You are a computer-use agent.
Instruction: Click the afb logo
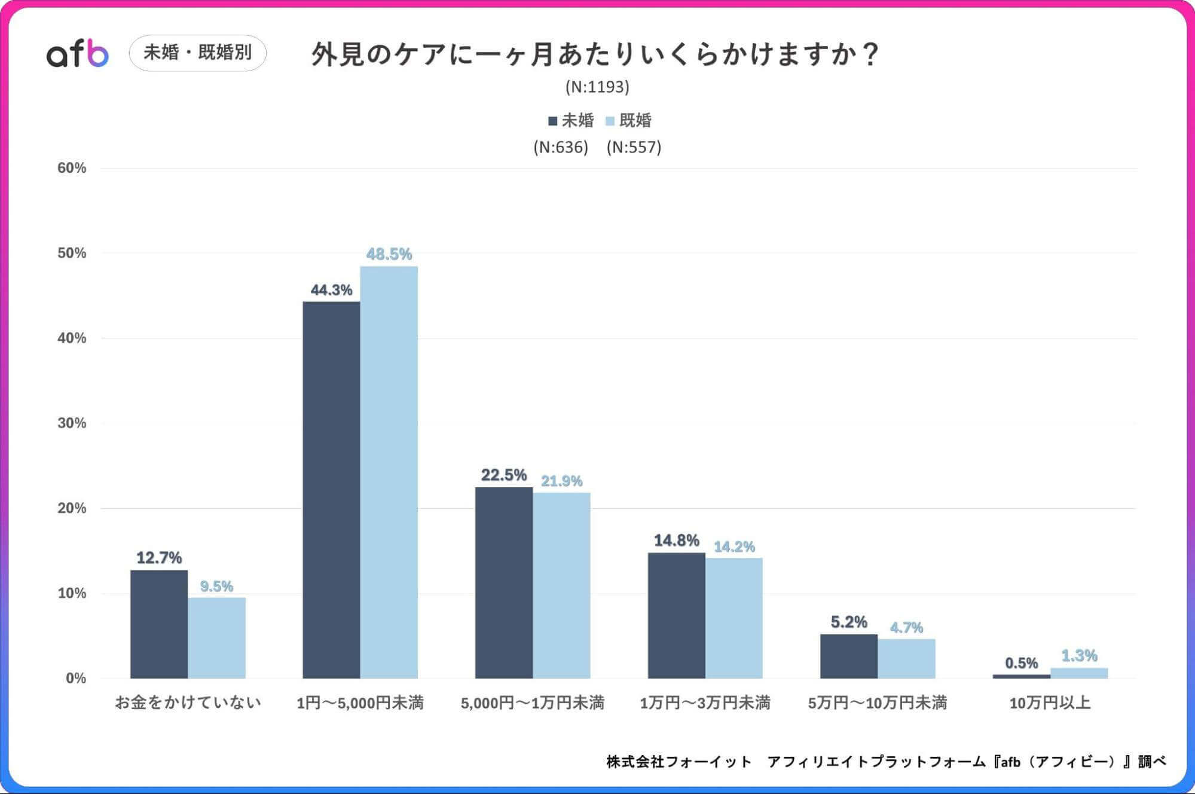(78, 54)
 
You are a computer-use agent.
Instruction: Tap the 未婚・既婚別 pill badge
(197, 53)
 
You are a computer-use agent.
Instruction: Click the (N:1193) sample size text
(597, 87)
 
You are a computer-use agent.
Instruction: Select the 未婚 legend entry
(571, 121)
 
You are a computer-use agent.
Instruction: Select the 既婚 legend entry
(629, 121)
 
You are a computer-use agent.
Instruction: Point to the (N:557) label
(634, 147)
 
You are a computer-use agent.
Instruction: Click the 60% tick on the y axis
(72, 168)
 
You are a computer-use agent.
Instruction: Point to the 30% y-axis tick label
(72, 423)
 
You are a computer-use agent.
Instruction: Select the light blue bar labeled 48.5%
(389, 472)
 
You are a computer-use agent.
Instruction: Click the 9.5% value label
(216, 586)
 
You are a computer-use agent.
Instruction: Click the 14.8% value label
(676, 540)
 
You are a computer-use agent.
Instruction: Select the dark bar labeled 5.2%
(848, 656)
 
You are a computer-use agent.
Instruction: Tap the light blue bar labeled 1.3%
(1078, 673)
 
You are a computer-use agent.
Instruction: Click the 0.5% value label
(1021, 663)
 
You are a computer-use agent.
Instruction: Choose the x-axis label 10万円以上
(1050, 703)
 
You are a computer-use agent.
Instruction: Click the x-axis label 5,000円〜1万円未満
(532, 703)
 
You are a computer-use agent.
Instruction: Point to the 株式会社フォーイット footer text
(679, 762)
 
